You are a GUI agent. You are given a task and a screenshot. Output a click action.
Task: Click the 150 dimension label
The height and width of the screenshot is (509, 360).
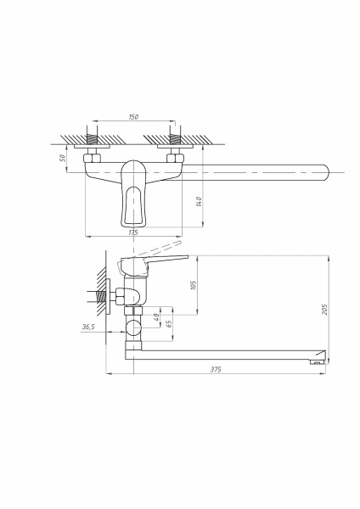[133, 117]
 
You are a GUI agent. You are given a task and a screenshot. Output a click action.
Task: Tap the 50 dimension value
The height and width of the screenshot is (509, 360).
[63, 158]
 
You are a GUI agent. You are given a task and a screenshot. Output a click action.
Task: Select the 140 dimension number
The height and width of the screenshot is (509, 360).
[199, 201]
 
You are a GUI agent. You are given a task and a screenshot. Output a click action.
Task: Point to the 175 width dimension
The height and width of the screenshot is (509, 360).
[133, 232]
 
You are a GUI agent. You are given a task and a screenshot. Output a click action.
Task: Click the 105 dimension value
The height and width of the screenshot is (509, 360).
[194, 285]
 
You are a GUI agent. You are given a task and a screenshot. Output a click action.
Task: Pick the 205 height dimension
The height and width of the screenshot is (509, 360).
[324, 309]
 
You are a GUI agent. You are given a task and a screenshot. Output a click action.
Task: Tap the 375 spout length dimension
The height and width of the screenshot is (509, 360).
[216, 369]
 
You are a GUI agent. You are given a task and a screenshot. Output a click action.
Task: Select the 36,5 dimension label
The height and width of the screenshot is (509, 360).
[88, 327]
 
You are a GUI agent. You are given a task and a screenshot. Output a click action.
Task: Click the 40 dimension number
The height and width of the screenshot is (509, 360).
[156, 316]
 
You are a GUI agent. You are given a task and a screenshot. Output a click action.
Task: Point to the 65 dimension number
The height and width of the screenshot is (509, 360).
[169, 324]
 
